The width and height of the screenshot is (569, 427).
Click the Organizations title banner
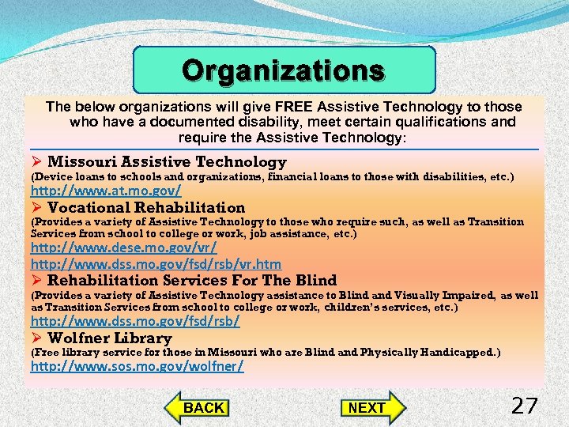284,71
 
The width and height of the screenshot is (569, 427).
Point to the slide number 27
524,406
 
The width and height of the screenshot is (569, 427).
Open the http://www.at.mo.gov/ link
106,191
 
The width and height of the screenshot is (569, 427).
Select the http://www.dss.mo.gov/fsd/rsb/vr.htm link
156,264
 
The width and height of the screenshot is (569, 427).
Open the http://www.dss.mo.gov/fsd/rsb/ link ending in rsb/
135,322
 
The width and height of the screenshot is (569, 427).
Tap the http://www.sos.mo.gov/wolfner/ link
138,366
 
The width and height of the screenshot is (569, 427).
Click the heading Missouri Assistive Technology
167,162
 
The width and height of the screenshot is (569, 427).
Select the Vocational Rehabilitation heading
146,207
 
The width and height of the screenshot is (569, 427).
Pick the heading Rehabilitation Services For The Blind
192,280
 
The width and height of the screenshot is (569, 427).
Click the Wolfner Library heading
109,338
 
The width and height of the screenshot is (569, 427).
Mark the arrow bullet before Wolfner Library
36,338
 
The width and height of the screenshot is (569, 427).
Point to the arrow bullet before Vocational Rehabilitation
36,207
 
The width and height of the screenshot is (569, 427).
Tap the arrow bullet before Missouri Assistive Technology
36,162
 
